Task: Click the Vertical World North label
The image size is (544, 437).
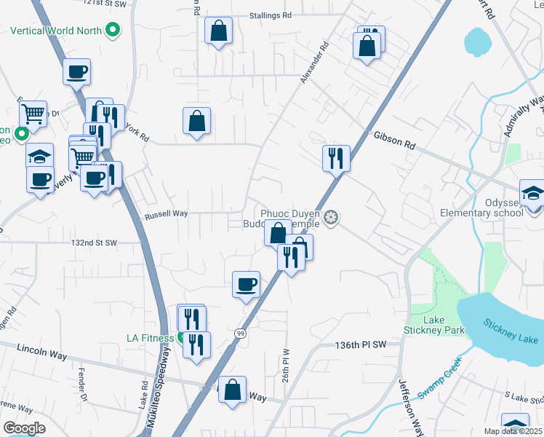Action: coord(57,31)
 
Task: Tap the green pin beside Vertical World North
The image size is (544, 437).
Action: coord(112,31)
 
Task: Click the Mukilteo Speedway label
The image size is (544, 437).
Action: coord(167,390)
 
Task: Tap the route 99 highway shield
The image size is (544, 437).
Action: coord(239,333)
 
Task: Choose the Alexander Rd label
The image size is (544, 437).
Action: coord(314,61)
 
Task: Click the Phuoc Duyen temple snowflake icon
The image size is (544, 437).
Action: coord(332,217)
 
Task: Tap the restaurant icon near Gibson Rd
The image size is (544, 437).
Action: coord(336,158)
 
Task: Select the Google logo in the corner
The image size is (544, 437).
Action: coord(24,428)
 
